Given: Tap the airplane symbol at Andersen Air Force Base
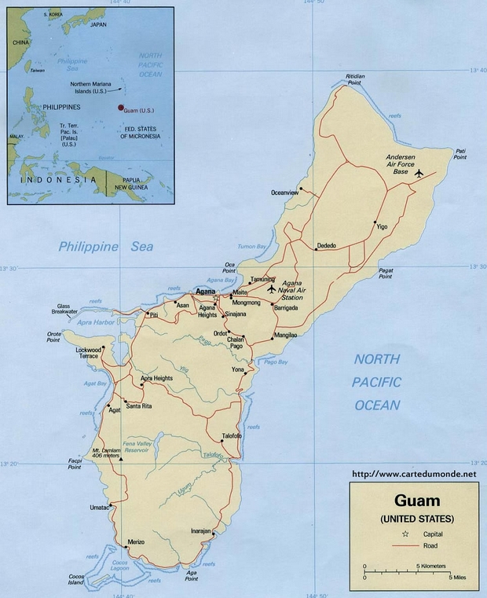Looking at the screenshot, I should coord(418,173).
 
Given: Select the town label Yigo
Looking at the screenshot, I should coord(383,226).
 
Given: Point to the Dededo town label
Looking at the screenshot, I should coord(327,246).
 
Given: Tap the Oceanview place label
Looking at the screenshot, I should coord(285,193).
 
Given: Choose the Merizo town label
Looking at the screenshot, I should coord(137,543).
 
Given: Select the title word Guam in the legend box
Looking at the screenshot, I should coord(416,501).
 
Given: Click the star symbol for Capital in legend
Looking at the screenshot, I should coord(383,533).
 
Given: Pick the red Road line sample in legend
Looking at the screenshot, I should coord(383,545).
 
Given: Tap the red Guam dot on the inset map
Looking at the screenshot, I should coord(120,108).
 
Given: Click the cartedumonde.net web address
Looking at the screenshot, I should coord(414,474).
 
